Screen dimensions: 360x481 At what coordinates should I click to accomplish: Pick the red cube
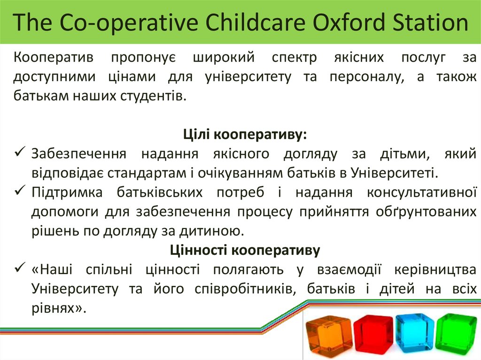373,334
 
